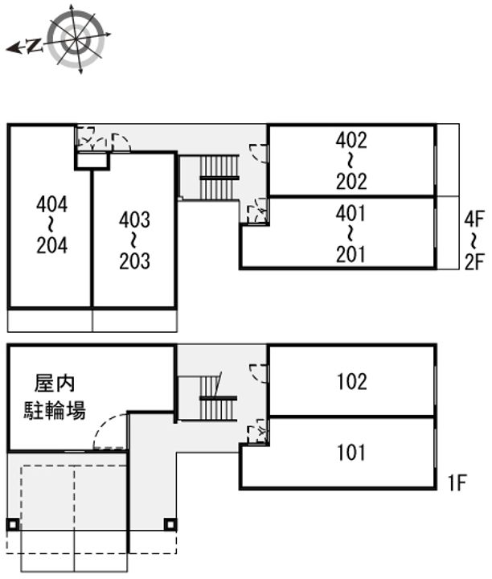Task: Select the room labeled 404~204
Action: pyautogui.click(x=51, y=225)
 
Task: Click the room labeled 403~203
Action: pyautogui.click(x=134, y=240)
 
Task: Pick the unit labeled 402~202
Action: pyautogui.click(x=351, y=161)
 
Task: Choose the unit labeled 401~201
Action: pyautogui.click(x=351, y=234)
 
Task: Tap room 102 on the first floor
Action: pyautogui.click(x=351, y=381)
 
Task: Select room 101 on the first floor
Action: pyautogui.click(x=351, y=453)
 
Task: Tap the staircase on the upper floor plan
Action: pyautogui.click(x=219, y=177)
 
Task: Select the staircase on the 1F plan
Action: pyautogui.click(x=217, y=397)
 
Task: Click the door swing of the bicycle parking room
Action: pyautogui.click(x=111, y=433)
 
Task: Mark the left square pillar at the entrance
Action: pyautogui.click(x=12, y=525)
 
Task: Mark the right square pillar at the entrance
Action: pyautogui.click(x=170, y=525)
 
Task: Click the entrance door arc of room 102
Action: pyautogui.click(x=259, y=372)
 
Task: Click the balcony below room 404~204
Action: pyautogui.click(x=50, y=320)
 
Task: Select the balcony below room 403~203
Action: pyautogui.click(x=134, y=320)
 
